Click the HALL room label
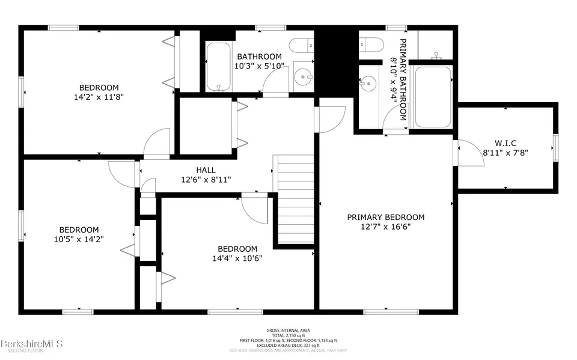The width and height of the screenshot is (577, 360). click(x=205, y=170)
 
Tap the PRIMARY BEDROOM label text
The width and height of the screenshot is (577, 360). click(x=385, y=217)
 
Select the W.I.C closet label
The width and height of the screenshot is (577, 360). click(x=505, y=143)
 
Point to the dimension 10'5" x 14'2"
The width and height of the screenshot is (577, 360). click(x=79, y=239)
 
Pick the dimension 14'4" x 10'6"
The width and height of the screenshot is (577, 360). click(x=237, y=258)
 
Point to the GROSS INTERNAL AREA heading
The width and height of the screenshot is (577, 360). click(x=288, y=330)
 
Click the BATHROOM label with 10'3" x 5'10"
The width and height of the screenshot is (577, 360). click(x=258, y=56)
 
